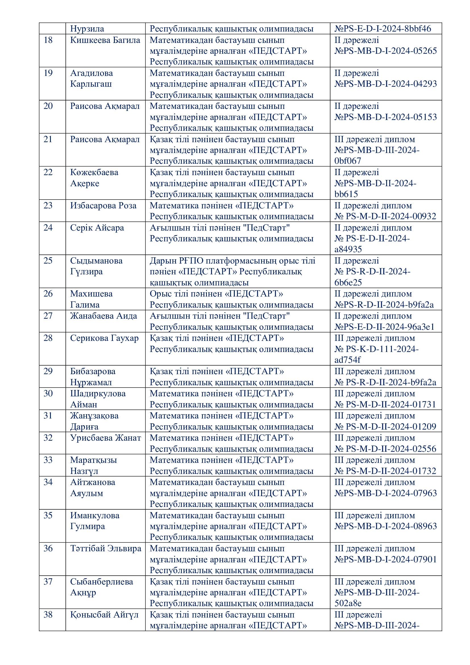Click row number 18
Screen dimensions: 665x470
click(x=48, y=40)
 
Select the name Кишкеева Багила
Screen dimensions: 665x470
click(x=105, y=40)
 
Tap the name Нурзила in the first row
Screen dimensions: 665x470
click(x=87, y=29)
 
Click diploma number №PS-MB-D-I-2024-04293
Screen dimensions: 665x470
click(x=386, y=84)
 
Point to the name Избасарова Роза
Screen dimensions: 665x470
click(x=103, y=206)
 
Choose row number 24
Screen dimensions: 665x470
click(x=48, y=228)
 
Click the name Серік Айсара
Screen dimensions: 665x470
click(x=97, y=228)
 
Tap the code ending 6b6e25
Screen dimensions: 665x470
click(x=348, y=282)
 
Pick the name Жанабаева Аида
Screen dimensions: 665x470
click(x=103, y=316)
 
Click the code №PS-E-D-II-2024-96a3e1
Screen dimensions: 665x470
click(x=384, y=327)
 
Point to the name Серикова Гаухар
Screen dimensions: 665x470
click(x=104, y=338)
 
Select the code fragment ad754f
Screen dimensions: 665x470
click(x=348, y=360)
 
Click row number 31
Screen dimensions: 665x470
click(x=48, y=416)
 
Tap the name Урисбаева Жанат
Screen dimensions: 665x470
click(x=105, y=438)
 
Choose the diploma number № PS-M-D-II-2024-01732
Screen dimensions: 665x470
click(x=385, y=471)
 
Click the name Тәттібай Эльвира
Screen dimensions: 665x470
click(x=106, y=548)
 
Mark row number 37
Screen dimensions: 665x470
click(x=48, y=582)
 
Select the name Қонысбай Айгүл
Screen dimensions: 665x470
click(x=104, y=615)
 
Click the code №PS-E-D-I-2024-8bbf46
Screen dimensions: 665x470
click(x=383, y=29)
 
